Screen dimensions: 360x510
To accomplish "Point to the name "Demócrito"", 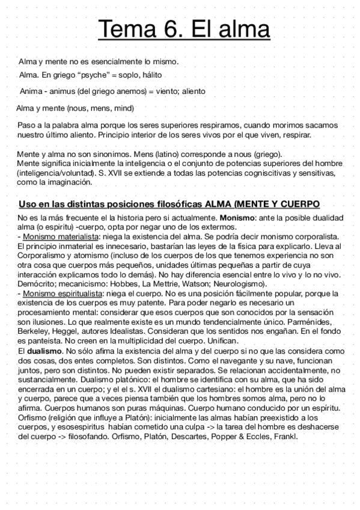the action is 40,283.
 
